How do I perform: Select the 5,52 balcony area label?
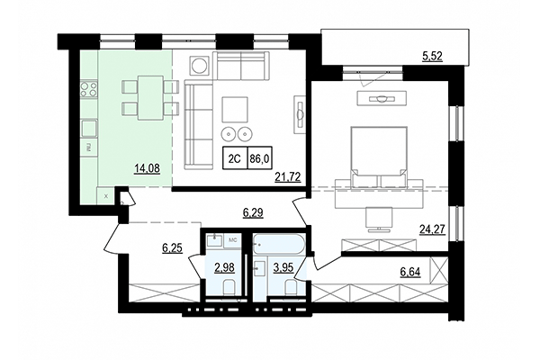(x=434, y=58)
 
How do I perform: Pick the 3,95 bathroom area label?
(x=284, y=266)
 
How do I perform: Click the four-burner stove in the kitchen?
(x=90, y=89)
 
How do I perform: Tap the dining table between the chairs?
(x=146, y=96)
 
